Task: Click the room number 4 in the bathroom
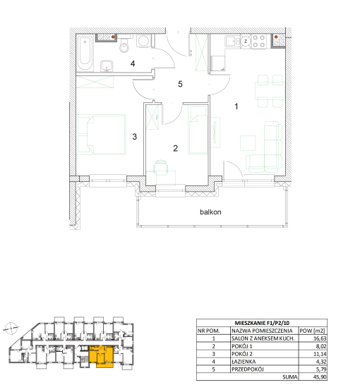(133, 63)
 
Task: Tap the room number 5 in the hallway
(180, 84)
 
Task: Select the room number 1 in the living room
(236, 106)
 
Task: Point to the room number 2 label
(176, 148)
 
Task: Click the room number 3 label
(135, 137)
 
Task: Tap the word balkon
(210, 212)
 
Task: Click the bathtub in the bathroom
(85, 54)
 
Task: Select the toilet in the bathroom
(124, 44)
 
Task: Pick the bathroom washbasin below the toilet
(107, 66)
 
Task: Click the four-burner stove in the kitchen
(259, 42)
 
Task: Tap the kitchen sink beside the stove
(232, 41)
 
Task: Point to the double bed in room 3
(102, 134)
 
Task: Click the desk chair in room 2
(160, 167)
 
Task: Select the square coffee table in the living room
(248, 143)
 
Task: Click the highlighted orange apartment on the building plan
(102, 356)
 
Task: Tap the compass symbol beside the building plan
(11, 328)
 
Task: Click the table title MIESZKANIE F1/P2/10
(262, 323)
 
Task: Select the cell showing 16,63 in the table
(320, 338)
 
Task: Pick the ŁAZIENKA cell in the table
(244, 362)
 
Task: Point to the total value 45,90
(320, 377)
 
